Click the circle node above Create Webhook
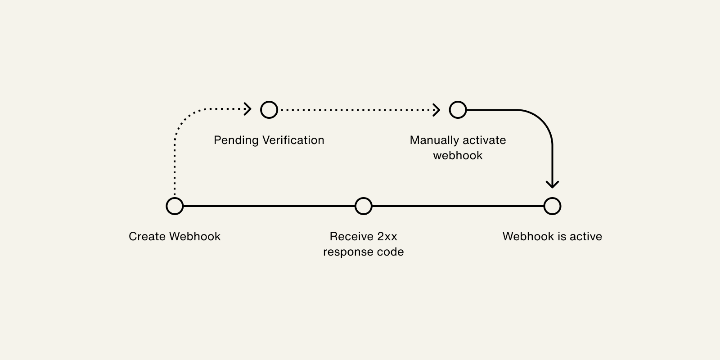pyautogui.click(x=175, y=206)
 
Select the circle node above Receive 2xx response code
pyautogui.click(x=364, y=206)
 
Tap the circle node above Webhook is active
pyautogui.click(x=552, y=206)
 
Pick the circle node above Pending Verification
pyautogui.click(x=269, y=109)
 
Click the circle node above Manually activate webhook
pyautogui.click(x=458, y=109)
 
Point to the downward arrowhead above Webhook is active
pyautogui.click(x=552, y=184)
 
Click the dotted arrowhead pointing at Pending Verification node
pyautogui.click(x=248, y=109)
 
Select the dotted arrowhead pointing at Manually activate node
pyautogui.click(x=436, y=109)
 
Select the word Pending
pyautogui.click(x=236, y=140)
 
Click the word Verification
pyautogui.click(x=293, y=140)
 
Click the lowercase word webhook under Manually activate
pyautogui.click(x=458, y=156)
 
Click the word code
pyautogui.click(x=391, y=252)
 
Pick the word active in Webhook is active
pyautogui.click(x=586, y=237)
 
